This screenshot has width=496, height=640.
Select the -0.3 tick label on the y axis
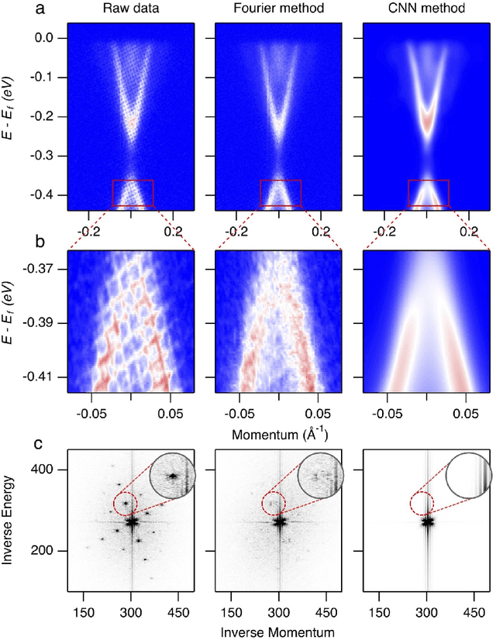click(x=44, y=155)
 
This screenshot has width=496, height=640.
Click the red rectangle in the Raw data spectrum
click(x=133, y=193)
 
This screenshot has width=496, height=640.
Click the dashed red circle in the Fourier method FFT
click(x=274, y=505)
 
